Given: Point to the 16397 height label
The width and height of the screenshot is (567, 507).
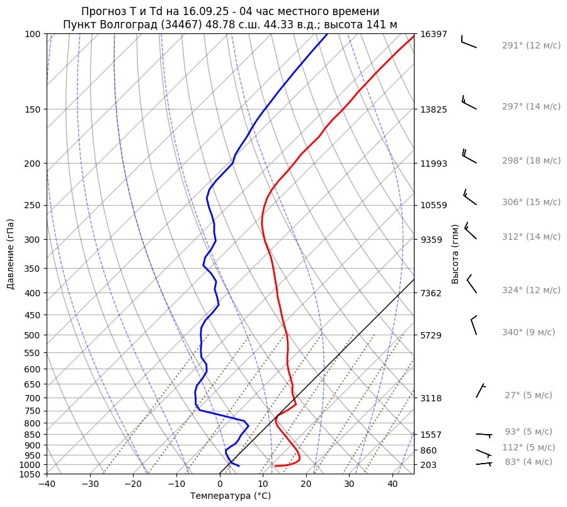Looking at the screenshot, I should (x=433, y=34).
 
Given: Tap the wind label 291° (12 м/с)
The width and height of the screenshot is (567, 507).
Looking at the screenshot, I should (x=531, y=45).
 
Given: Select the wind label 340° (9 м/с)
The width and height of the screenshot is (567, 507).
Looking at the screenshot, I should (x=529, y=332).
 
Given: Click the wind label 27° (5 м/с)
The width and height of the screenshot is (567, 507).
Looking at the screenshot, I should (x=528, y=395).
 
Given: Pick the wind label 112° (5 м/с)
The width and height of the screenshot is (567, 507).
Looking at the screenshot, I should (x=529, y=447).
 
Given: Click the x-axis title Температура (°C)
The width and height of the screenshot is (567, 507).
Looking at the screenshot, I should (x=231, y=496).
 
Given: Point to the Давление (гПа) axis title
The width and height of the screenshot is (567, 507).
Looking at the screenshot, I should (x=11, y=254).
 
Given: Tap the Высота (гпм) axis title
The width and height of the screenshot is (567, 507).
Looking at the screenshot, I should (x=455, y=253).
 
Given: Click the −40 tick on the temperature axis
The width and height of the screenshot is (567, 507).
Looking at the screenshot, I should (x=47, y=484).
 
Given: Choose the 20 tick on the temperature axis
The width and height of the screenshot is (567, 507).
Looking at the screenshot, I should (x=306, y=484).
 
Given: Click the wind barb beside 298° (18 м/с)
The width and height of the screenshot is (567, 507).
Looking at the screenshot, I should (x=469, y=157).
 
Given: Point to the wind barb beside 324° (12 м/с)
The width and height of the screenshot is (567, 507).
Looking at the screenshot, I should (x=471, y=284).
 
